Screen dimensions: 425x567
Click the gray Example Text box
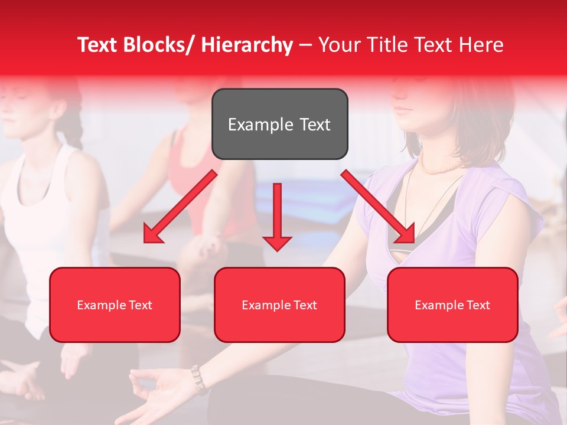279,124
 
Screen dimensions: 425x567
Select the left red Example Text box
115,305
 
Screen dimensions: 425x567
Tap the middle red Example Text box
279,305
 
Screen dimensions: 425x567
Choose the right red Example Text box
452,305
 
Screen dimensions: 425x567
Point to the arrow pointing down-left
180,207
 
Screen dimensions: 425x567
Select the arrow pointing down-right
378,207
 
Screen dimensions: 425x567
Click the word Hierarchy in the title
247,45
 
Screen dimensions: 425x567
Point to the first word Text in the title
99,45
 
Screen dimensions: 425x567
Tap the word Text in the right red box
478,305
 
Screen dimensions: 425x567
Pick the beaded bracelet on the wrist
198,380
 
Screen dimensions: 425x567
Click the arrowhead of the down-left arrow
153,234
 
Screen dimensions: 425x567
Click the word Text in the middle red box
305,305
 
